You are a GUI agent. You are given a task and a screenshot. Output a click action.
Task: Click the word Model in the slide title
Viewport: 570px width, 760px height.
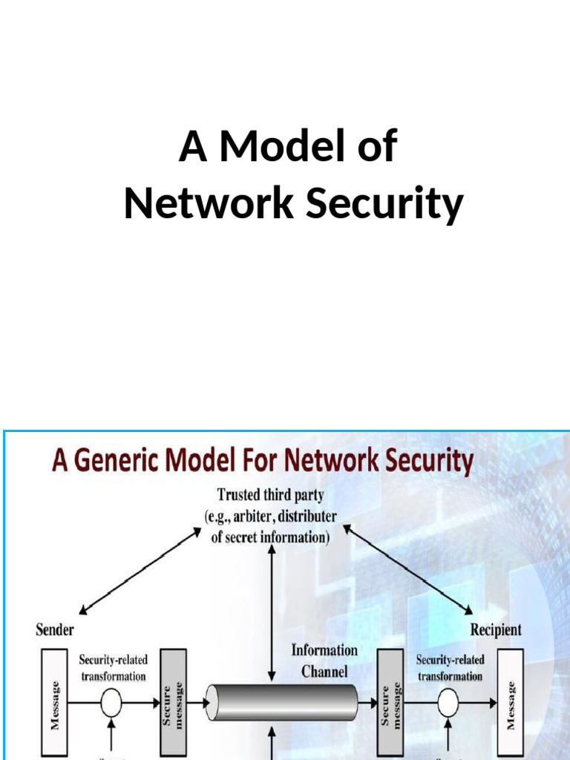(308, 146)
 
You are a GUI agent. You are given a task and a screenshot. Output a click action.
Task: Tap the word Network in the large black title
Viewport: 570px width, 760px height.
(209, 204)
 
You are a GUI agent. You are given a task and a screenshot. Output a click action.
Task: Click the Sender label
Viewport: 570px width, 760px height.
(55, 630)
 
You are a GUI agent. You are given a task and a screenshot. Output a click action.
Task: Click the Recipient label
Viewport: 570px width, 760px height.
(496, 630)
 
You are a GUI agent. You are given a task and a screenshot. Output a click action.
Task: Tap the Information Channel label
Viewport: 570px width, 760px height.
(324, 661)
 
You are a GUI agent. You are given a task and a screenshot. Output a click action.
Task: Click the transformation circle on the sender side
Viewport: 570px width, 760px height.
(111, 703)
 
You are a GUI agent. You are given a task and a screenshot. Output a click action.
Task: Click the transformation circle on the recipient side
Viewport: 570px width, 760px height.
(450, 703)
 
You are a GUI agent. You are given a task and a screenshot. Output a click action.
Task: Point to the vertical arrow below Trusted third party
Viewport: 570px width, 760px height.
(272, 594)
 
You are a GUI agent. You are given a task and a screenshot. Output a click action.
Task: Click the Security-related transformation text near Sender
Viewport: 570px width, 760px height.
(114, 668)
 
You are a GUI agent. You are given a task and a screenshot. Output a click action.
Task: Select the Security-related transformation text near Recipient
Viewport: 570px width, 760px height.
(450, 668)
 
